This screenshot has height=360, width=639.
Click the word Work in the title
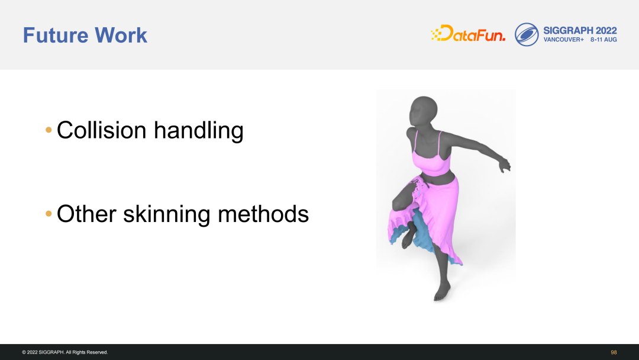click(121, 35)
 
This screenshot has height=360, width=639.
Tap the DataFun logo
click(468, 33)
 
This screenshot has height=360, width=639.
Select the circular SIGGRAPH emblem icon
click(527, 34)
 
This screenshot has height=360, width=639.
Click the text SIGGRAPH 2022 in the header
click(580, 31)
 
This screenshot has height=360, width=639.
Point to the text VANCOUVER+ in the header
click(564, 40)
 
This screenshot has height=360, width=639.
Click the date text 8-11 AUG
click(603, 40)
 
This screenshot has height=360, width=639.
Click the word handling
click(198, 131)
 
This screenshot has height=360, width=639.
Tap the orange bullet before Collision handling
click(49, 130)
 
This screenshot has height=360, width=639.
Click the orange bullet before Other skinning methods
click(49, 214)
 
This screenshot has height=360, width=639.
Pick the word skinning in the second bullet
click(166, 214)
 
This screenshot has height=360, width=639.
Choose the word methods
click(263, 214)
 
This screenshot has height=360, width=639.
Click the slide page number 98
click(614, 352)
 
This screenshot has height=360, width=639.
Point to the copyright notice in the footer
click(65, 352)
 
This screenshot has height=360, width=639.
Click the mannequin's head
click(423, 111)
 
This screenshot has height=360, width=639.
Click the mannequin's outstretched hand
click(505, 165)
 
